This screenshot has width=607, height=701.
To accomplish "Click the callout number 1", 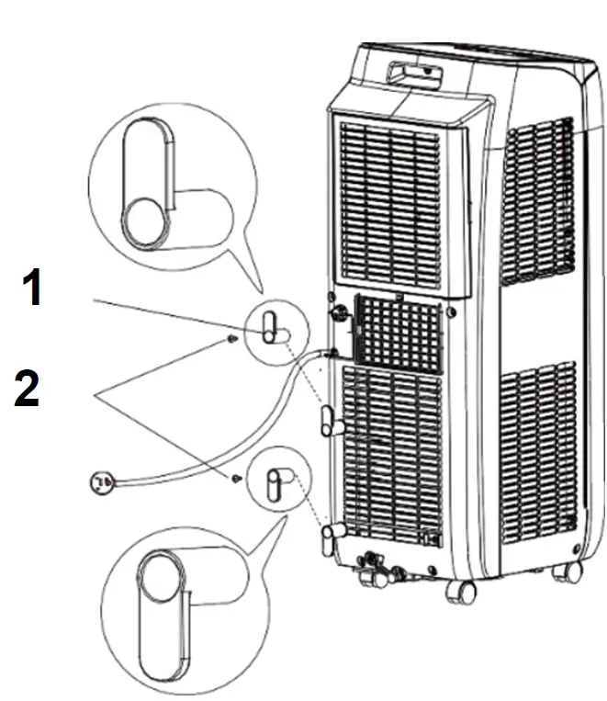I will point(32,288).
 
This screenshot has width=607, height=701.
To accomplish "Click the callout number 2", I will point(27,390).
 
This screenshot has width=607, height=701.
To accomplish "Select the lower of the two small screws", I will point(236,479).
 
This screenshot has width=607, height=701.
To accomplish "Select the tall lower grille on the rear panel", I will point(390,450).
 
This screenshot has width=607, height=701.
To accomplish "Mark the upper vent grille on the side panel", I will point(539,198).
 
